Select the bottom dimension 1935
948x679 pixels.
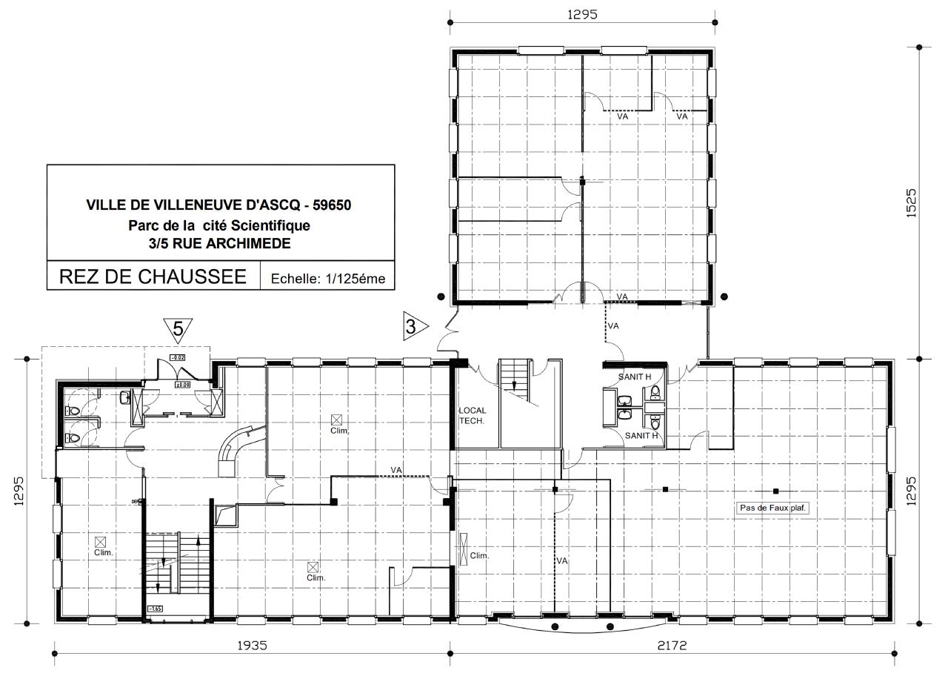(252, 645)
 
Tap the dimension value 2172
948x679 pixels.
(672, 645)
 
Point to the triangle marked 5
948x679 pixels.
(178, 328)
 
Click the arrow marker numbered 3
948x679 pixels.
(414, 326)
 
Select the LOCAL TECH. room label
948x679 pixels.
(472, 415)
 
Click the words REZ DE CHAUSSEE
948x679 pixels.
(153, 277)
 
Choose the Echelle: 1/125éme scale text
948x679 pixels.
(328, 279)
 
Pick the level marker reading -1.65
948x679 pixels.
(156, 609)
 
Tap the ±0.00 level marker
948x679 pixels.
(182, 385)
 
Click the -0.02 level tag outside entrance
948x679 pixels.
(178, 357)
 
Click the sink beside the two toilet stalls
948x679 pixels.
(125, 398)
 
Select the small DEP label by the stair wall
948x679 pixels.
(136, 502)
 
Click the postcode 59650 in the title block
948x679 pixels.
(332, 205)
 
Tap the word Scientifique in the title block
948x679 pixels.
(270, 225)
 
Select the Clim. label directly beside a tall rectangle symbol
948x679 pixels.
(479, 556)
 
